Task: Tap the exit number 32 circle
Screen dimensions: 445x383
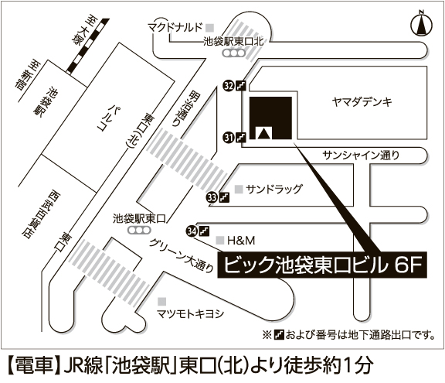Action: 229,86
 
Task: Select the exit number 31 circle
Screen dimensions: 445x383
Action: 229,138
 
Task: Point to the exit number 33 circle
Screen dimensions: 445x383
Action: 212,197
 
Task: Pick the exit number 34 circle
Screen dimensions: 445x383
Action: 192,231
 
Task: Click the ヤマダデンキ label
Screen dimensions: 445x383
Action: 362,101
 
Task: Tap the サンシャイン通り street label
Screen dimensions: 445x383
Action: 361,155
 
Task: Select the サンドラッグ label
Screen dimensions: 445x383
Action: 274,189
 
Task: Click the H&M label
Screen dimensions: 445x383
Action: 241,241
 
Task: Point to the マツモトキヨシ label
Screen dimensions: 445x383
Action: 190,313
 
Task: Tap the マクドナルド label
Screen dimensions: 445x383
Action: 175,27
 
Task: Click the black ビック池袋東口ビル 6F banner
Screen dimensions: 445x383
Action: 322,265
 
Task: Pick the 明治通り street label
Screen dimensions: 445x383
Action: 187,108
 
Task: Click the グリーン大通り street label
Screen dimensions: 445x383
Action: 182,255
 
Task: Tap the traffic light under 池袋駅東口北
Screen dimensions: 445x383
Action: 234,53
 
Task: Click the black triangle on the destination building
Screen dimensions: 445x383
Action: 264,134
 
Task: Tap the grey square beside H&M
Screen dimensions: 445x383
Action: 220,241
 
